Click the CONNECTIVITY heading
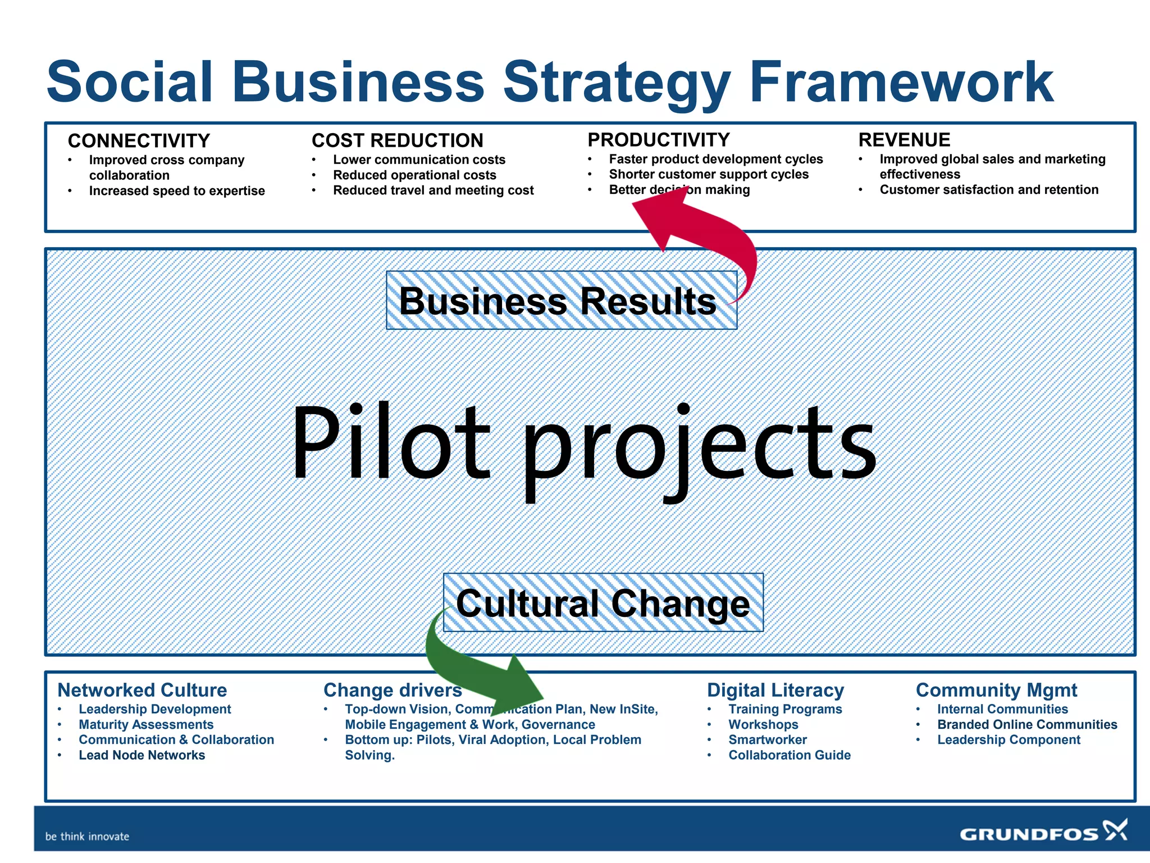coord(139,140)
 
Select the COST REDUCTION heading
coord(397,140)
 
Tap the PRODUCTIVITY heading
coord(658,139)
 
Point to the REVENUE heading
coord(904,139)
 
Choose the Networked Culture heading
coord(142,690)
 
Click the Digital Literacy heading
coord(775,690)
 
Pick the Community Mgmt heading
coord(996,690)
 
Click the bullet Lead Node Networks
coord(142,755)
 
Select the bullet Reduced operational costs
coord(414,175)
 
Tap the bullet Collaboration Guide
coord(789,755)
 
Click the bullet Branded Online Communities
coord(1026,725)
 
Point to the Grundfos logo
coord(1043,832)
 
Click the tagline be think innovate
coord(87,836)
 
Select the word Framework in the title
coord(901,83)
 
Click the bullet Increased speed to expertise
coord(176,191)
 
